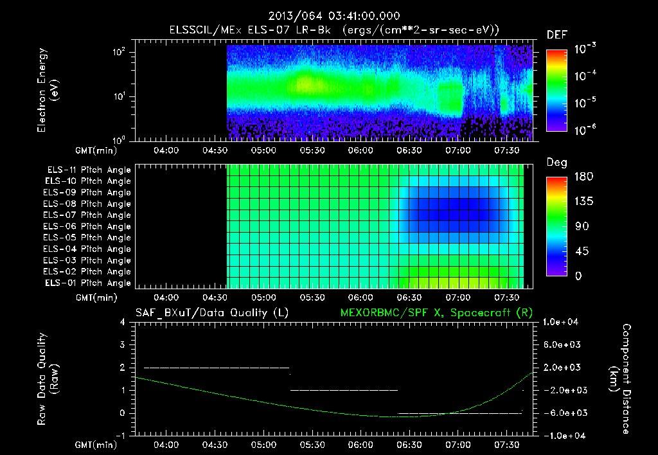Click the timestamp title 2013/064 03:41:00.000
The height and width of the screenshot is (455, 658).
click(329, 15)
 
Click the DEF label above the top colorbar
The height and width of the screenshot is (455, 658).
click(556, 35)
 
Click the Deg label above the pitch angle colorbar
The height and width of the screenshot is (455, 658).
click(556, 163)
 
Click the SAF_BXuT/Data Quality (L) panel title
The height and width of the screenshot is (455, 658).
click(211, 312)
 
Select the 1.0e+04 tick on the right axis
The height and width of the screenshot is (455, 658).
click(562, 322)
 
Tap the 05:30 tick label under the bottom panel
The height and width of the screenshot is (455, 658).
click(312, 445)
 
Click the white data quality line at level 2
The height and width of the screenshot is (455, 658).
click(217, 368)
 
